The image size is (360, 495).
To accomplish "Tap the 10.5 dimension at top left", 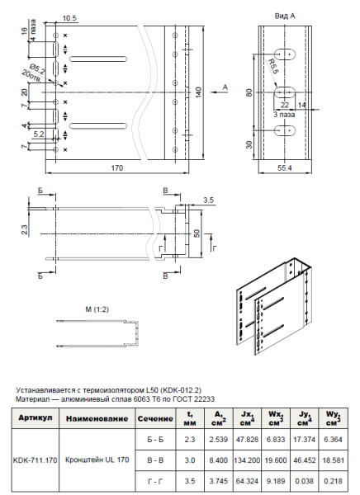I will pyautogui.click(x=69, y=17).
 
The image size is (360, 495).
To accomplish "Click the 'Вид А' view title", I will pyautogui.click(x=287, y=16).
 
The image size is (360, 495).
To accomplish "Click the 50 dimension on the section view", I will pyautogui.click(x=197, y=233).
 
